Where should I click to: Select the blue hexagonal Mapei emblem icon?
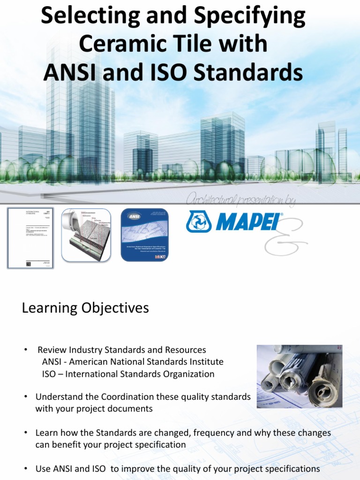click(x=199, y=222)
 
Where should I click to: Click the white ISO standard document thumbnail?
click(x=30, y=238)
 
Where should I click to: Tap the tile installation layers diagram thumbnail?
click(x=86, y=235)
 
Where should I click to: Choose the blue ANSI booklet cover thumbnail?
click(x=144, y=234)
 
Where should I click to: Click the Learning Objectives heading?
click(x=85, y=308)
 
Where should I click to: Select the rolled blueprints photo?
click(x=299, y=376)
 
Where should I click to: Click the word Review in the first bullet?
click(x=52, y=350)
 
